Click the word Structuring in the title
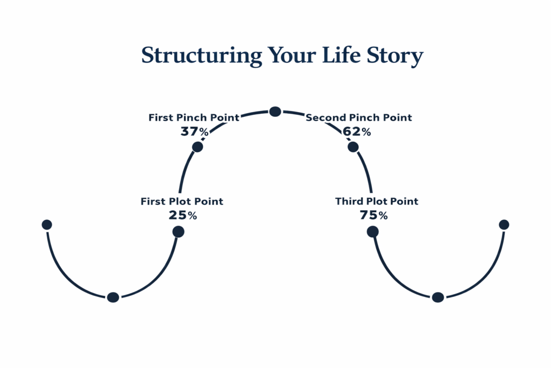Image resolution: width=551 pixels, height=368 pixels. pos(202,56)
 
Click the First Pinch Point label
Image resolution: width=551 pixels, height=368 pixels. pos(194,117)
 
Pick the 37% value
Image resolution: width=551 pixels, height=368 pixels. pos(195,131)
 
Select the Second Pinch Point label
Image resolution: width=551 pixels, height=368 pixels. pos(359,117)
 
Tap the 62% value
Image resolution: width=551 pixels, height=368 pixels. pos(356,131)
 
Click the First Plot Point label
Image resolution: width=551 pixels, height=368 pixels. pos(182,202)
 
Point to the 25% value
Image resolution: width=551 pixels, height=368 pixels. pos(183,215)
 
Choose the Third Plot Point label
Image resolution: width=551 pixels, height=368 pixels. pos(377,202)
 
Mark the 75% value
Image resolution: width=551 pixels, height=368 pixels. pos(373,215)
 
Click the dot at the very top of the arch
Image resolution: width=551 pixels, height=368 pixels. pos(275,112)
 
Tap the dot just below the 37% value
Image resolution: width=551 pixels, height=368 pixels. pos(197,147)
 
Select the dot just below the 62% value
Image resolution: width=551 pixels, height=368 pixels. pos(353,147)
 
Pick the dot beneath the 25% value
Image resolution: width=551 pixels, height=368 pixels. pos(179,232)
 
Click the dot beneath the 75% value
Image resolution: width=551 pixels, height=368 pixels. pos(372,232)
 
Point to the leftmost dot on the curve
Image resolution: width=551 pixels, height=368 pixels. pos(47,225)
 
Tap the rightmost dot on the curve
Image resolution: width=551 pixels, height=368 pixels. pos(504,225)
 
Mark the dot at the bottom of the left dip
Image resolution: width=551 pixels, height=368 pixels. pos(113,297)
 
